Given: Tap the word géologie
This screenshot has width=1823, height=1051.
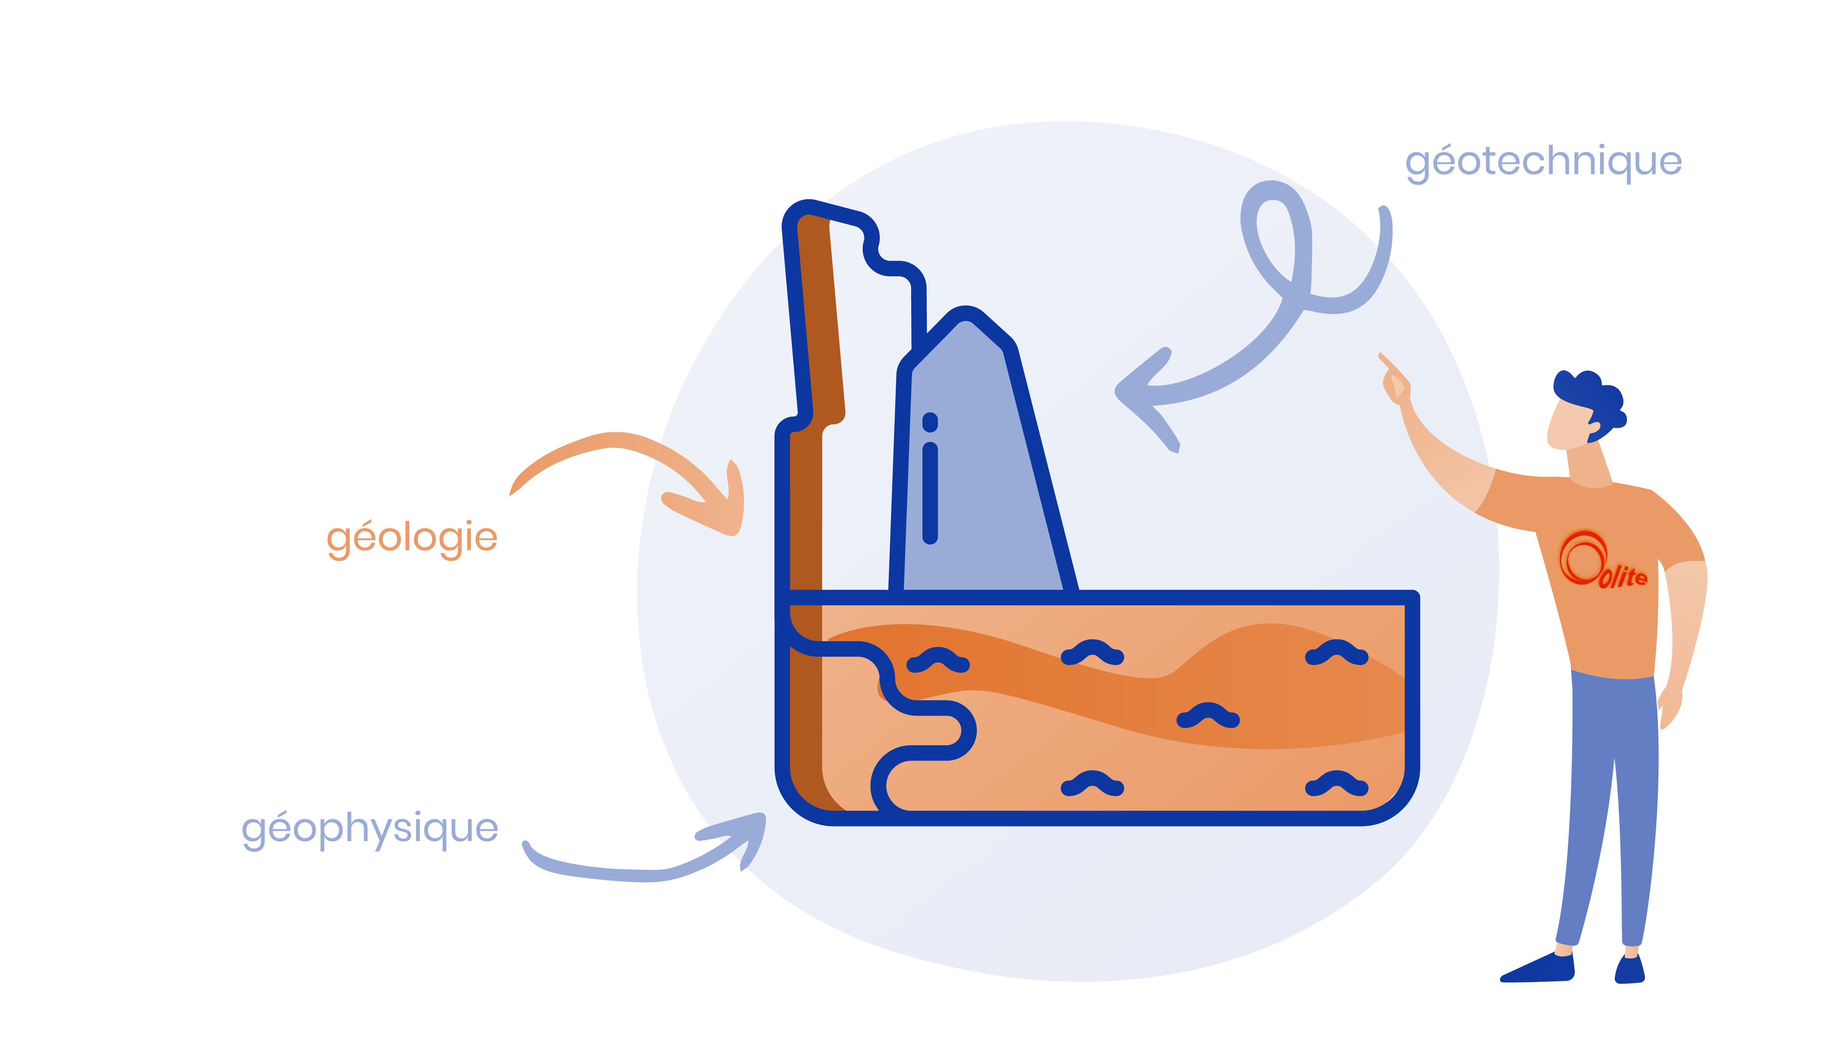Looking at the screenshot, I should (x=412, y=538).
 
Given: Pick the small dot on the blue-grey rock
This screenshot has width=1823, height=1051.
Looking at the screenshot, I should (x=930, y=422).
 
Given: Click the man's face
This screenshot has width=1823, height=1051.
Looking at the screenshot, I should (x=1571, y=426).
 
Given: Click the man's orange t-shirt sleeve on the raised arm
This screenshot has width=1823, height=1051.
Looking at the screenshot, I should (x=1510, y=498).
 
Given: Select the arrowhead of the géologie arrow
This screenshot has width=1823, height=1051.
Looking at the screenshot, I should (x=715, y=505).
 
